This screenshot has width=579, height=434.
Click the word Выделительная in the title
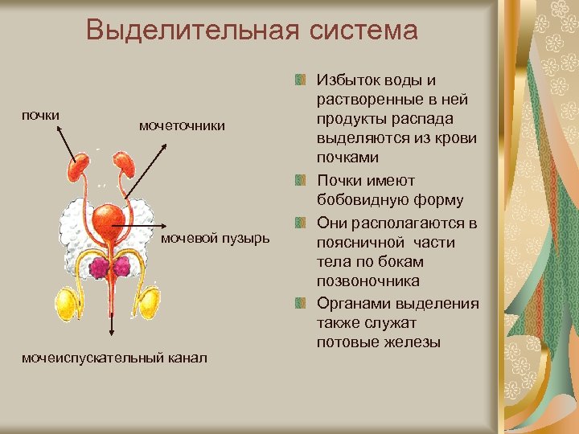click(181, 31)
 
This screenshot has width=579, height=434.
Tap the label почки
click(40, 115)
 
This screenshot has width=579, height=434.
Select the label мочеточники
click(182, 126)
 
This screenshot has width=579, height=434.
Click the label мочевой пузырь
click(216, 240)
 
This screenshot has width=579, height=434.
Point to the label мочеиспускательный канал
click(115, 356)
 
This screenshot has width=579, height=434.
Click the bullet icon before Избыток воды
click(300, 80)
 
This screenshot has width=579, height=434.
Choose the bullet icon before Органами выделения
click(300, 302)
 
